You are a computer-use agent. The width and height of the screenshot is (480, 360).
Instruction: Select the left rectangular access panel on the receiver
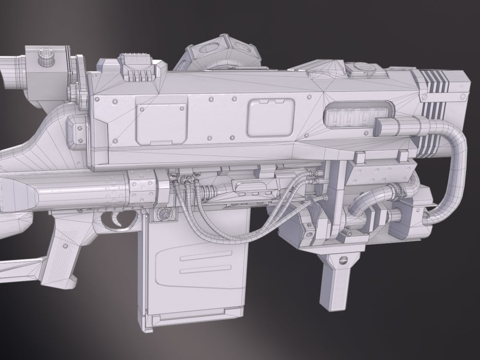tap(161, 123)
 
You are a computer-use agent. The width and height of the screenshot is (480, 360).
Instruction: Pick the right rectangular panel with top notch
tap(271, 117)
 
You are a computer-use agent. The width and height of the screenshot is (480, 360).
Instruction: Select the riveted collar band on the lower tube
tap(142, 187)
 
